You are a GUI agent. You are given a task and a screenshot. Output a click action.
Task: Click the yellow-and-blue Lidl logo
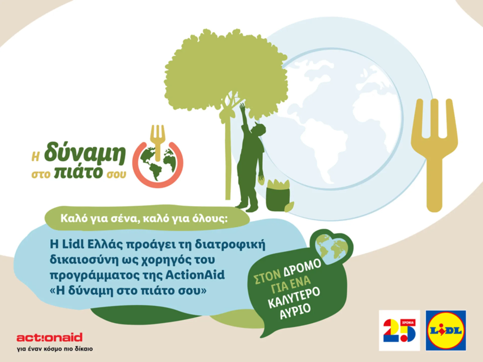point(446,330)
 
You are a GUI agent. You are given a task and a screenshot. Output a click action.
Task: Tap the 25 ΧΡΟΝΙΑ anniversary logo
point(399,330)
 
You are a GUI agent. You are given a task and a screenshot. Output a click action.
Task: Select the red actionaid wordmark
point(50,337)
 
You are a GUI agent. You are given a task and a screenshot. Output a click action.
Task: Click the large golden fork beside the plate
point(434,151)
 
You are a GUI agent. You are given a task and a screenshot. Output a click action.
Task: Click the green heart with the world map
point(332,248)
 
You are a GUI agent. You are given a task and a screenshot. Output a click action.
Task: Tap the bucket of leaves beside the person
point(278,195)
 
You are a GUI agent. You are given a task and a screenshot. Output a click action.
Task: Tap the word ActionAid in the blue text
point(195,275)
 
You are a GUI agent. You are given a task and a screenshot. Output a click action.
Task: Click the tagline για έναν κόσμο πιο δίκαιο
point(55,349)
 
